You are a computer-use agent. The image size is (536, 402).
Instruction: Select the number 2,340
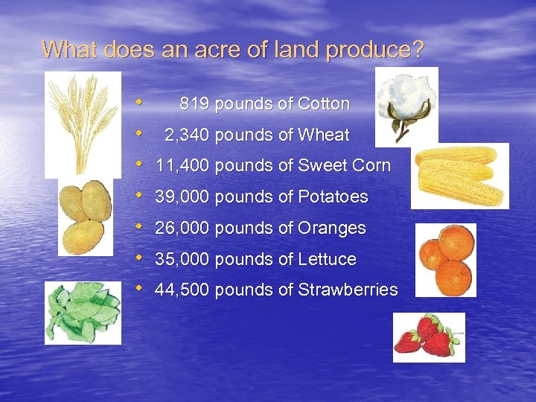click(186, 135)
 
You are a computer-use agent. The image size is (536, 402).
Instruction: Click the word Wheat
click(323, 135)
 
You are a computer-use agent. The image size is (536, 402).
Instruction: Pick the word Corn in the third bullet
click(372, 166)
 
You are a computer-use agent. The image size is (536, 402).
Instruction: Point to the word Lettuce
click(327, 260)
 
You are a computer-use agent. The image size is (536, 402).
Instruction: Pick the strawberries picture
click(429, 337)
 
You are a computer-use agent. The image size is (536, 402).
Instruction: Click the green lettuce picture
click(82, 313)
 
